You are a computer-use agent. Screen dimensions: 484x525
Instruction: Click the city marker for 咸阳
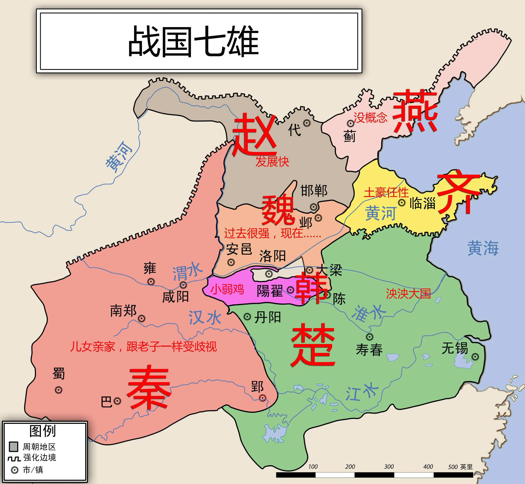pos(183,285)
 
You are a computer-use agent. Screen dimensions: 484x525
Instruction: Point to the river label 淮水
pos(369,313)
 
